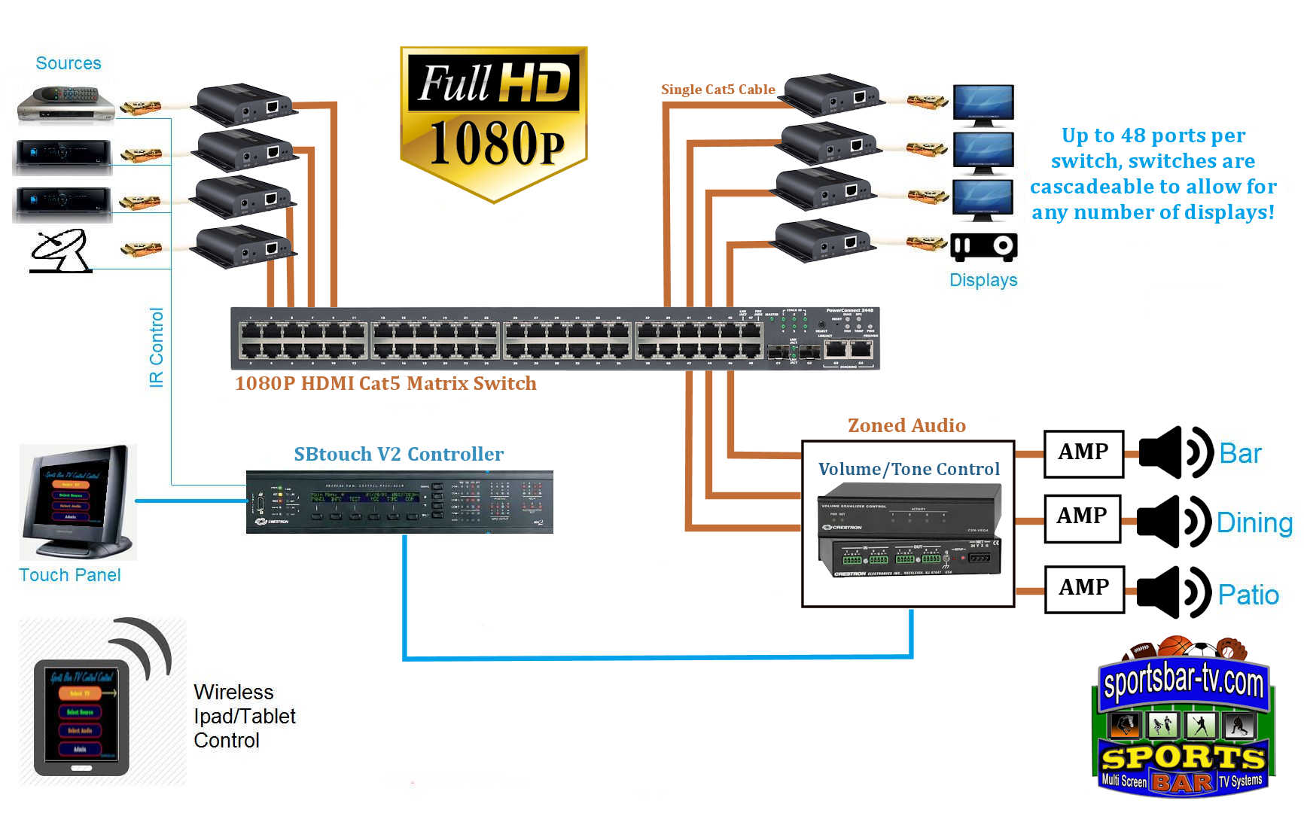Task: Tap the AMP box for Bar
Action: click(x=1083, y=453)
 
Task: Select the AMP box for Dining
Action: click(x=1082, y=518)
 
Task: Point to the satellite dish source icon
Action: click(x=60, y=251)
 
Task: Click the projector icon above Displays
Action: click(x=983, y=247)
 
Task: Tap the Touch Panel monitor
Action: click(x=77, y=500)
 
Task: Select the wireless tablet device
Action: click(x=81, y=717)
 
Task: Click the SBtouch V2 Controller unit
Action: click(x=399, y=502)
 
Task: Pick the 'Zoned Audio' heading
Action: click(x=906, y=426)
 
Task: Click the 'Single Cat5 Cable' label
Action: click(x=718, y=90)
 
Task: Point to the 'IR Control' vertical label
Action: click(x=156, y=347)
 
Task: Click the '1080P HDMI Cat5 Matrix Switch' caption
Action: click(x=385, y=384)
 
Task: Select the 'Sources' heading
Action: click(x=69, y=63)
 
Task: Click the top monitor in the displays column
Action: click(x=983, y=105)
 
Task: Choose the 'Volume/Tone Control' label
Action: click(x=909, y=470)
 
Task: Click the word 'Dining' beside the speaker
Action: click(x=1254, y=522)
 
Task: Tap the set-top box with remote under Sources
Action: click(x=66, y=104)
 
